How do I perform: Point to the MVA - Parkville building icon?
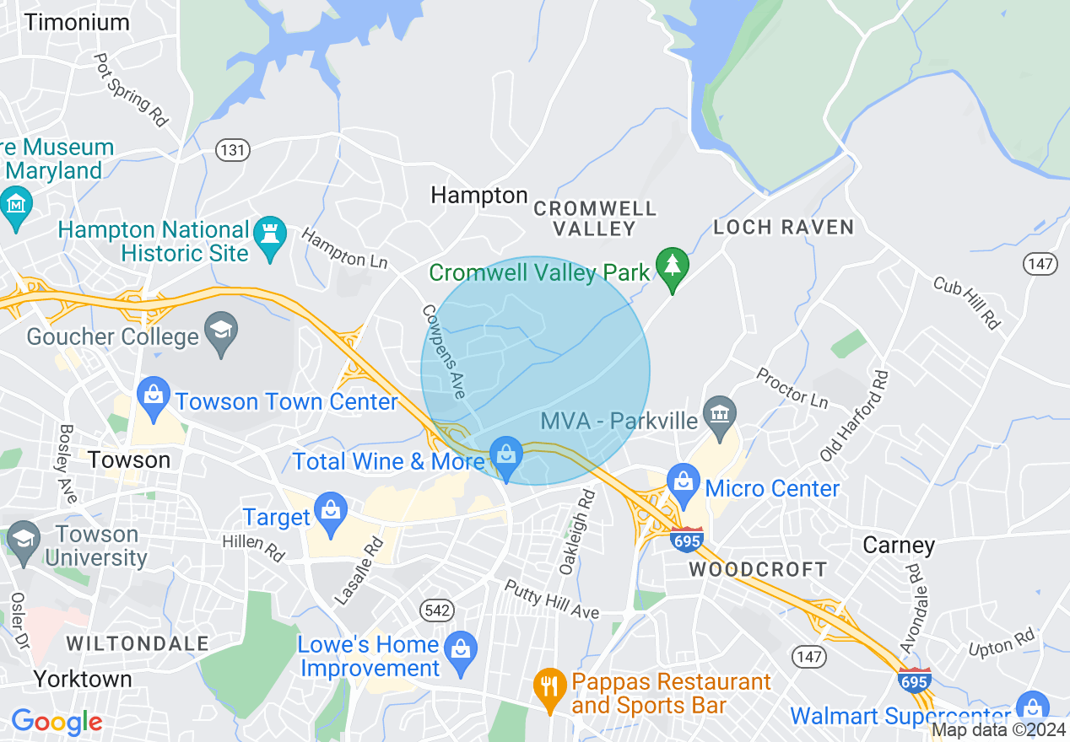[720, 414]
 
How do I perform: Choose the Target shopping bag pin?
[330, 511]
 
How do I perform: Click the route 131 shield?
[233, 150]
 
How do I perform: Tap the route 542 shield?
[439, 610]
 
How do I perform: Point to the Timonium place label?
[77, 22]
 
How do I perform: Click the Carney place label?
[899, 546]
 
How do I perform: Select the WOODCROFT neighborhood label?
[758, 569]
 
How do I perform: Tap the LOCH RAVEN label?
[784, 227]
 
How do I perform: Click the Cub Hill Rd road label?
[966, 303]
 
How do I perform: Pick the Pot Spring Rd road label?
[132, 89]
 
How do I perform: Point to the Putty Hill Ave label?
[552, 600]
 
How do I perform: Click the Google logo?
[57, 722]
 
